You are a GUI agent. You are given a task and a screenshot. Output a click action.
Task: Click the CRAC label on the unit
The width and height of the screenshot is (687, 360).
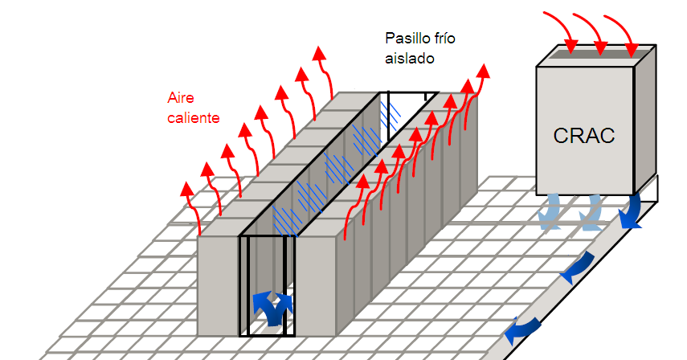[x=584, y=135]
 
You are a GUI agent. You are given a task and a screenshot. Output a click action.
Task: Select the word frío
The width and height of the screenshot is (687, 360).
[x=448, y=38]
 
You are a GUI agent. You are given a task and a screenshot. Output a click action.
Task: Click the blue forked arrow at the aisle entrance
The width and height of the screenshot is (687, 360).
[x=269, y=306]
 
